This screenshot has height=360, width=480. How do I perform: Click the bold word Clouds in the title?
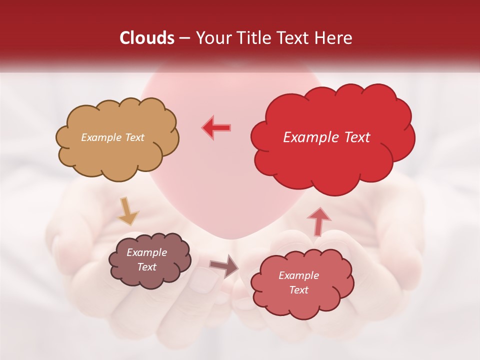[x=147, y=38]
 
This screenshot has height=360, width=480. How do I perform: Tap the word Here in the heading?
[x=334, y=38]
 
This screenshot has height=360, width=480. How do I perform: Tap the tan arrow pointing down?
[x=128, y=211]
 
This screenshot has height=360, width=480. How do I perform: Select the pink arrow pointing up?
[x=318, y=220]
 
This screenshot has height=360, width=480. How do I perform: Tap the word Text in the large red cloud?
[x=354, y=137]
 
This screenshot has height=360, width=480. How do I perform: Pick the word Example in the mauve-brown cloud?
[x=146, y=252]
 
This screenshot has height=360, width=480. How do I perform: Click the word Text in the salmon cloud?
[x=298, y=290]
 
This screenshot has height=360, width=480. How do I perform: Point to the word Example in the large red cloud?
[x=310, y=137]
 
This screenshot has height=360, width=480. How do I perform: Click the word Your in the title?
[x=210, y=38]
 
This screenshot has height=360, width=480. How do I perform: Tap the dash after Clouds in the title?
[x=183, y=38]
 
